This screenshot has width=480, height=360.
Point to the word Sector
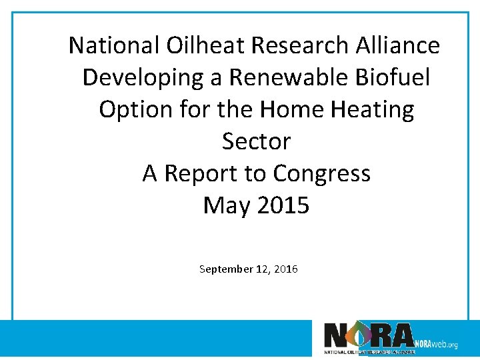pos(256,141)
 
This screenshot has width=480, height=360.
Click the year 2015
pos(283,205)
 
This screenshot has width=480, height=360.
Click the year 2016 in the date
pos(286,269)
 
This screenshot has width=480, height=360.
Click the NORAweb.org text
pos(436,344)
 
